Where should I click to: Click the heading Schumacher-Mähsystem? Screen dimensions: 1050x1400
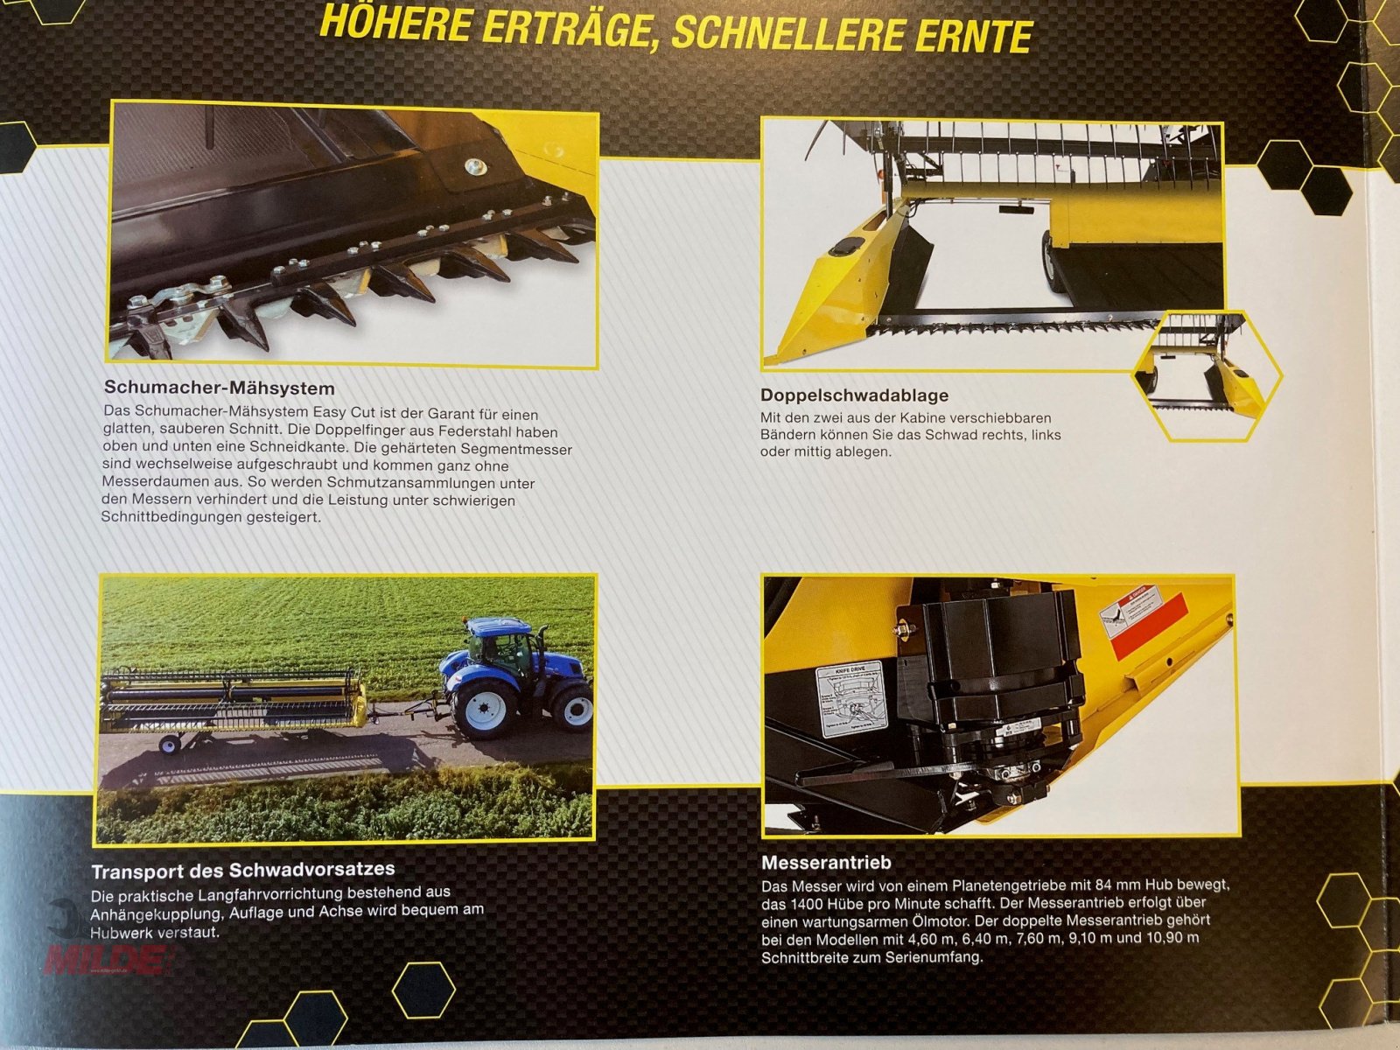coord(220,388)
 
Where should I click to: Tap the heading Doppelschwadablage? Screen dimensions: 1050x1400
coord(854,395)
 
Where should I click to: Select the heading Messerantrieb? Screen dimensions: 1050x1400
coord(826,862)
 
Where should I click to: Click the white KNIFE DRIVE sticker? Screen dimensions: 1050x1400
coord(851,700)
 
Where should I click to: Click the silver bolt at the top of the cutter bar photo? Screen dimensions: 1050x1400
coord(478,165)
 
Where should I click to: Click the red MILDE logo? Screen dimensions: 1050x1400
coord(105,960)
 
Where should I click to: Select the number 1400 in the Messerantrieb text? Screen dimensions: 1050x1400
coord(806,904)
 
